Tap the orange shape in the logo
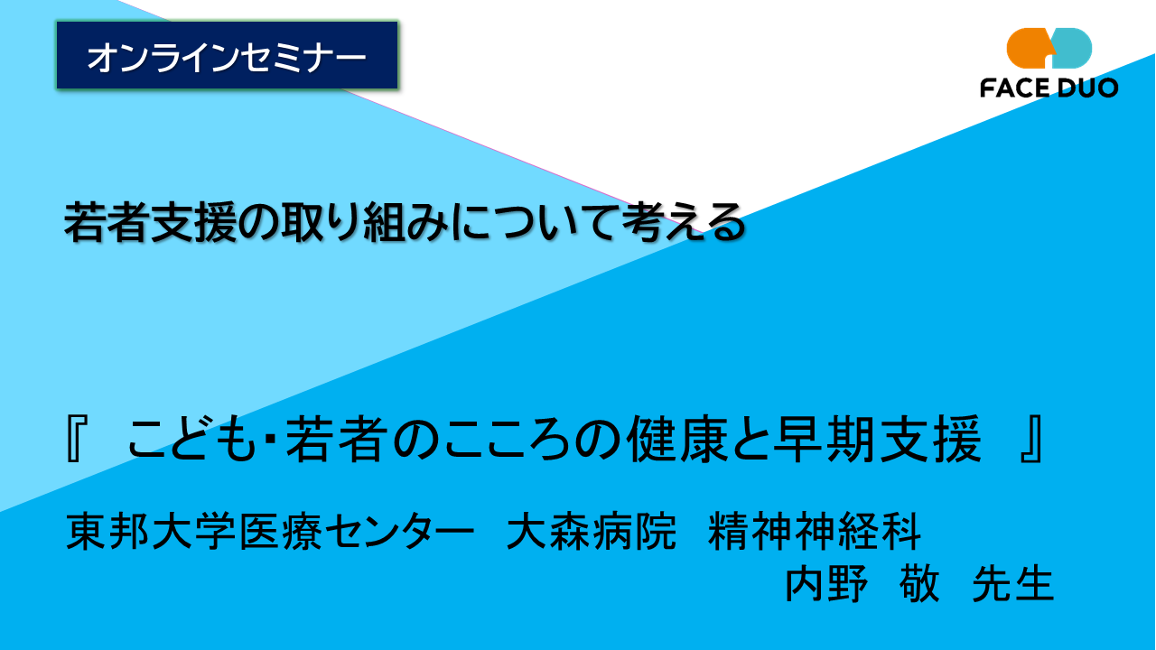pos(1027,47)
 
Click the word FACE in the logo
pos(1013,88)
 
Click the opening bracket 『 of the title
pos(76,442)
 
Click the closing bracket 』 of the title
pos(1032,442)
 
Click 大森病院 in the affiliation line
pos(592,532)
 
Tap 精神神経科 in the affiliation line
pos(815,532)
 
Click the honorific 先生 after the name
pos(1013,585)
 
